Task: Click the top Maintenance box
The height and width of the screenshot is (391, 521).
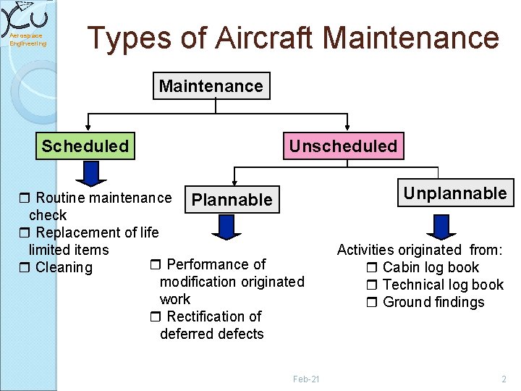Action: [211, 86]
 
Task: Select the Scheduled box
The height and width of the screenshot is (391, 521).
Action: [85, 146]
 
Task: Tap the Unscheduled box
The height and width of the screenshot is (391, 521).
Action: [343, 146]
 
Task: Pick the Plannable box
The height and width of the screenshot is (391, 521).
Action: [233, 199]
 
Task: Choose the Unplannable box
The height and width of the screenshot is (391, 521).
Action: [454, 193]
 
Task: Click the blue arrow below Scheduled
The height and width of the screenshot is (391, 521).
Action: [91, 174]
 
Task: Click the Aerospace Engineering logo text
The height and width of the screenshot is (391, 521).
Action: [27, 40]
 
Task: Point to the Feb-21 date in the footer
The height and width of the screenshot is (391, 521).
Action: [306, 379]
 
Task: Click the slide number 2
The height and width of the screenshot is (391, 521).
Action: [504, 379]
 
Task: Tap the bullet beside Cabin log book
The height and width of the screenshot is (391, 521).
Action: [373, 268]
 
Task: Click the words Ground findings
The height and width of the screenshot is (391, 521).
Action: [433, 303]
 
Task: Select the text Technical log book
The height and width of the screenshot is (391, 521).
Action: [442, 285]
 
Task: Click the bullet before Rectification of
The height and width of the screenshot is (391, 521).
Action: [155, 317]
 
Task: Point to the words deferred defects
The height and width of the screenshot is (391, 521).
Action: [211, 334]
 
